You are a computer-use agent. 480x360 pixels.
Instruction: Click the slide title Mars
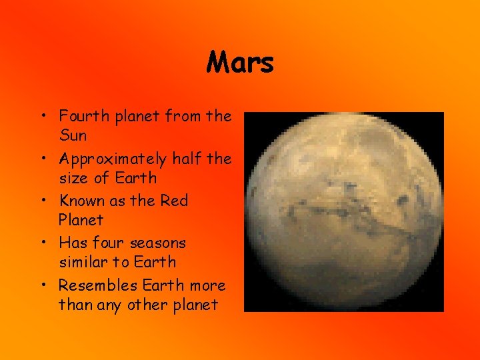point(240,63)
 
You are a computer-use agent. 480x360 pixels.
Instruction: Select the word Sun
point(73,136)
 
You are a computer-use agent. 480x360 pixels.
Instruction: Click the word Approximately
point(113,159)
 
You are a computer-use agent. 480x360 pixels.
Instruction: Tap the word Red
point(175,201)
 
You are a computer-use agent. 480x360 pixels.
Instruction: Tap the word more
point(207,286)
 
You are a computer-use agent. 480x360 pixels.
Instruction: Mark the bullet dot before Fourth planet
point(41,117)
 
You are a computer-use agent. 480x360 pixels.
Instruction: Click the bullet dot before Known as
point(41,201)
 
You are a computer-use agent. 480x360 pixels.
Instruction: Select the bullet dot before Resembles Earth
point(41,286)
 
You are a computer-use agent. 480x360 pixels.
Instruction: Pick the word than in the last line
point(72,305)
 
